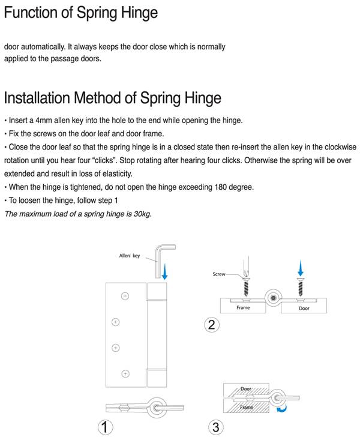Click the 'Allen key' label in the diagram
129,256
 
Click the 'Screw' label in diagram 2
219,274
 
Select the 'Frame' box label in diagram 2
243,307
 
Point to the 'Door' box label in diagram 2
304,307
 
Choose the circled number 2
211,325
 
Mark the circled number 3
215,427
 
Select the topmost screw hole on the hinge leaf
125,295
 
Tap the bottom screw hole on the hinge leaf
125,373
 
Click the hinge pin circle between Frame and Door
274,298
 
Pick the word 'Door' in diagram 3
246,389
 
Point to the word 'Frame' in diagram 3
246,406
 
